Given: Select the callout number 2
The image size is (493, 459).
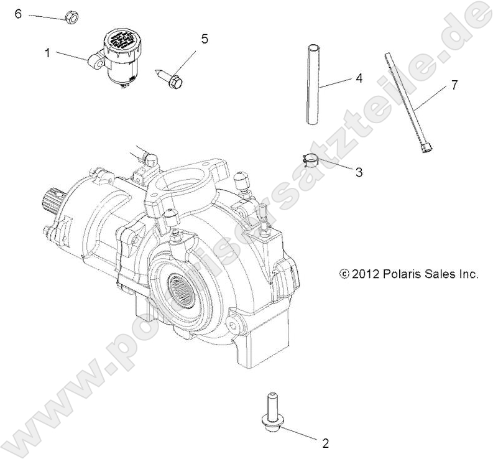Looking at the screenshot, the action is click(x=325, y=443).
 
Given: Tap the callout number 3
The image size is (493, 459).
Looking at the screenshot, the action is click(x=359, y=172).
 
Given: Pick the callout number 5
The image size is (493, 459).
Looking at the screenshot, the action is click(x=205, y=39).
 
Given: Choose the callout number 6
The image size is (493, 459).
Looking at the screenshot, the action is click(x=18, y=13).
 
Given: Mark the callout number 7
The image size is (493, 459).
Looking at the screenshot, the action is click(x=454, y=85).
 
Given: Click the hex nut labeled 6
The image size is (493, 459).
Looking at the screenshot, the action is click(x=71, y=17).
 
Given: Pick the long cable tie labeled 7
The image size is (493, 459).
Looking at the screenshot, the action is click(x=408, y=111).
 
